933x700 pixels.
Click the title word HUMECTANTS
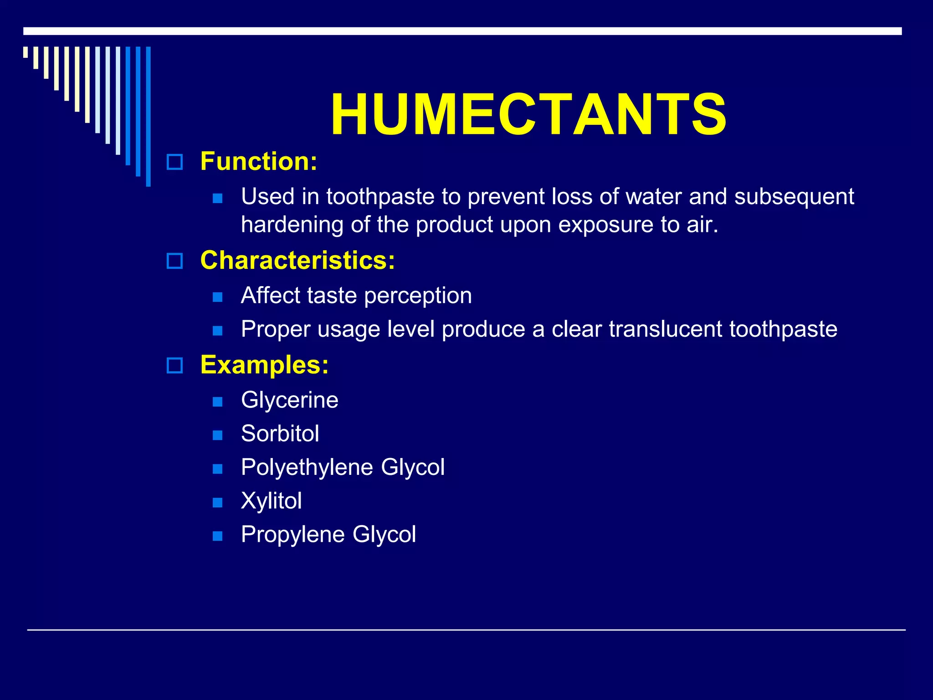[528, 114]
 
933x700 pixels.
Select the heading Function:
[259, 161]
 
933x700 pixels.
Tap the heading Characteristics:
[297, 260]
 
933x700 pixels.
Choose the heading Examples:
[264, 365]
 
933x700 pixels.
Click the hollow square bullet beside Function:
[174, 162]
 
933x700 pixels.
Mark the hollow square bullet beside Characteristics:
[174, 261]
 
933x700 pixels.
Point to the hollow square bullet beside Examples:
[174, 365]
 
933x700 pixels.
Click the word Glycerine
[290, 400]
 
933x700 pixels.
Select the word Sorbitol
[280, 433]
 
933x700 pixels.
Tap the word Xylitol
[272, 500]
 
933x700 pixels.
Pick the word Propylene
[293, 534]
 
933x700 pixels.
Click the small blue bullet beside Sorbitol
[218, 435]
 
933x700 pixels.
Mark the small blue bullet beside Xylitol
[218, 502]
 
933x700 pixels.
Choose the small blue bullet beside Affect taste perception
[218, 297]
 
